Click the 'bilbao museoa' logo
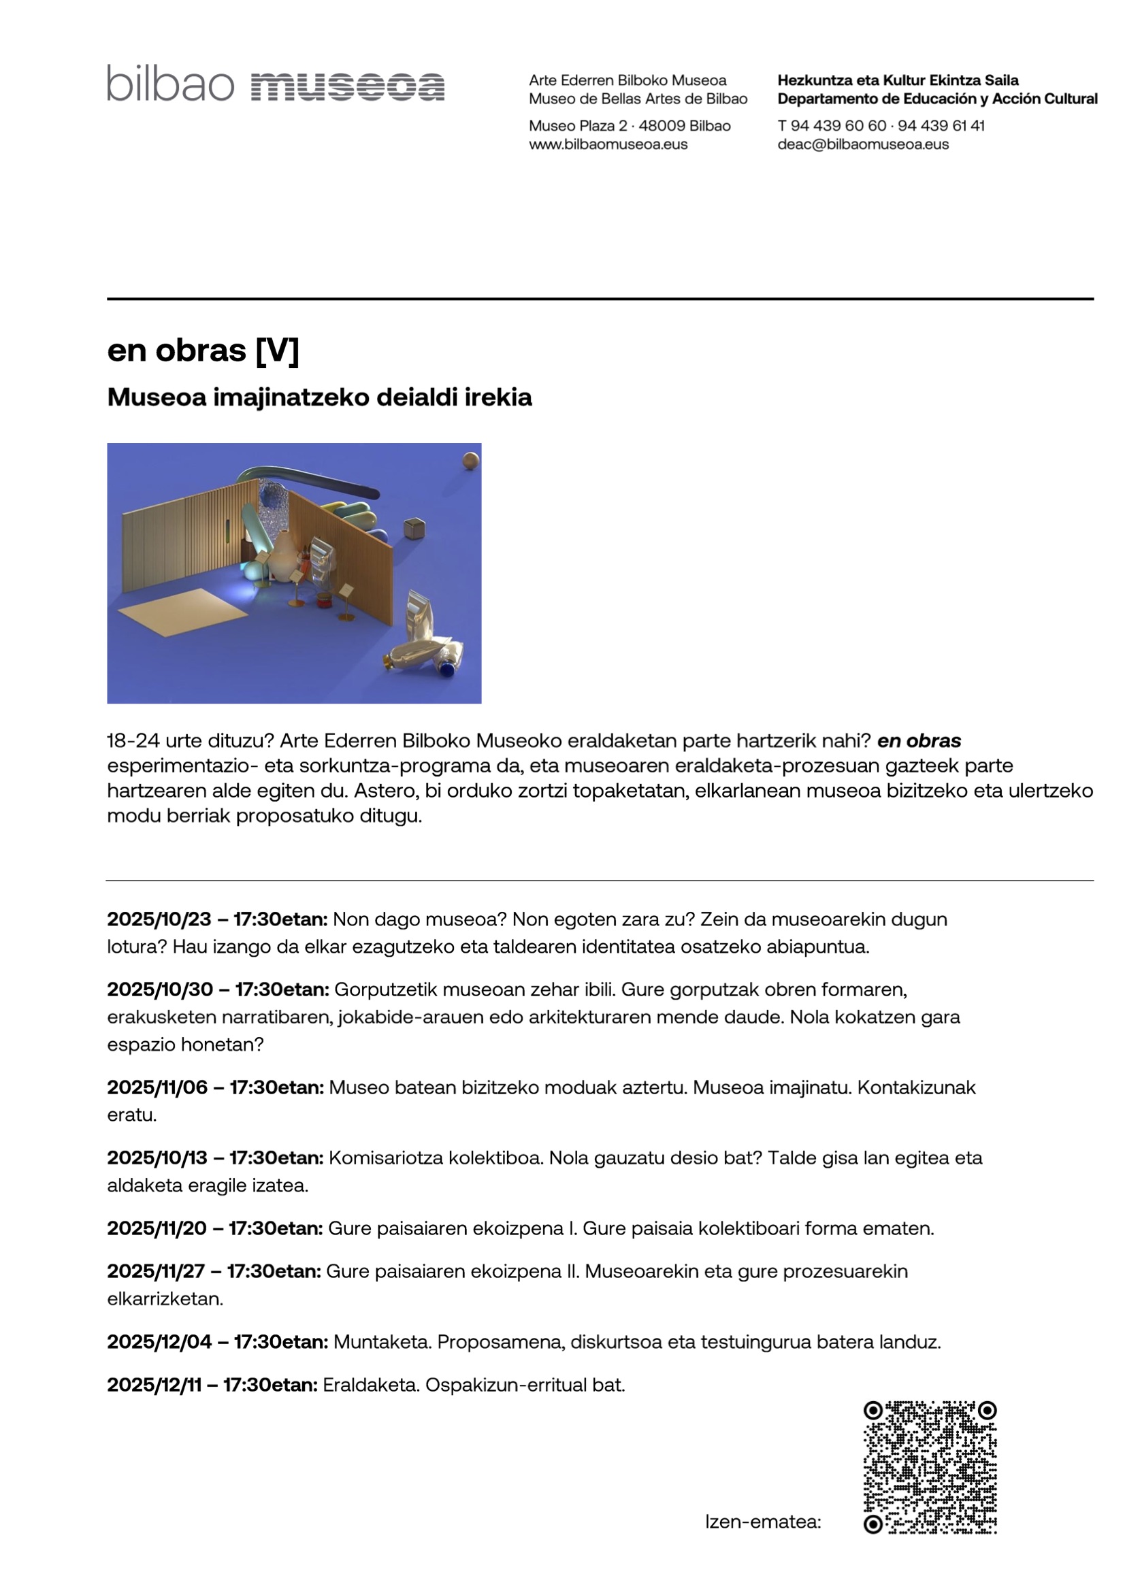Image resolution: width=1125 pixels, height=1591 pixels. click(x=275, y=84)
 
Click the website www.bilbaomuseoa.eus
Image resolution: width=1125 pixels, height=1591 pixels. click(x=608, y=144)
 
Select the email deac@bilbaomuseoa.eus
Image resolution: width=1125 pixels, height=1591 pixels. click(x=862, y=144)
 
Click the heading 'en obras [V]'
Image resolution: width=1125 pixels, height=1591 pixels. click(x=203, y=350)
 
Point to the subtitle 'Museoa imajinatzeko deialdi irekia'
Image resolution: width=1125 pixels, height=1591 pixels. click(x=320, y=397)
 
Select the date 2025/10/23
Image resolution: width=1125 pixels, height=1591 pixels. click(x=159, y=919)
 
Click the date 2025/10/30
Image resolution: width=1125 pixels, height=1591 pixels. click(x=159, y=989)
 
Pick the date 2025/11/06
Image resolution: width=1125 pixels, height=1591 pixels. click(x=157, y=1087)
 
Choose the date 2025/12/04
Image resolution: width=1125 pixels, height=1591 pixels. click(x=159, y=1341)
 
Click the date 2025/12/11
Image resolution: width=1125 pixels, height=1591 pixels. click(x=154, y=1385)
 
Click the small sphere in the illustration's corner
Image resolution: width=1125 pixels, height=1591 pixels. click(x=471, y=460)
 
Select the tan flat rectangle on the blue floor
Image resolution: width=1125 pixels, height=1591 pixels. click(x=183, y=610)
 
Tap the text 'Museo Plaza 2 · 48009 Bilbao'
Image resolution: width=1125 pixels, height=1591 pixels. click(x=630, y=125)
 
